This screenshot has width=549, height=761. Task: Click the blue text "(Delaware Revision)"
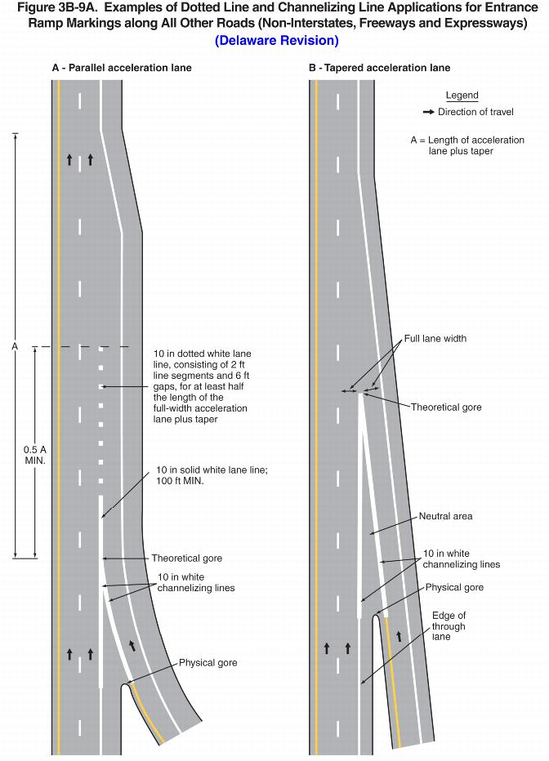[x=276, y=40]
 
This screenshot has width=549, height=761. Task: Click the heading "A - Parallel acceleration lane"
[x=122, y=68]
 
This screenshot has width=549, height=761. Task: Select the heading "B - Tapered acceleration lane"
[x=379, y=68]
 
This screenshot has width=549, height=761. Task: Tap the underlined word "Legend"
[x=462, y=96]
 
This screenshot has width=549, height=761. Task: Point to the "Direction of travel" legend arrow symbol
[x=428, y=112]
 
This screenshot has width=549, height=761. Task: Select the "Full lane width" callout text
[x=435, y=338]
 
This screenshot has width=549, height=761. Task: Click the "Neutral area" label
[x=445, y=516]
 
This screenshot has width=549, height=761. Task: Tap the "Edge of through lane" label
[x=449, y=625]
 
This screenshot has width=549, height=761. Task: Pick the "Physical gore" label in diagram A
[x=208, y=662]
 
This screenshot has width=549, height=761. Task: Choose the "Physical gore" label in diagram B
[x=454, y=587]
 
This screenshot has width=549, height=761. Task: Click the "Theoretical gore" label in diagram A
[x=186, y=559]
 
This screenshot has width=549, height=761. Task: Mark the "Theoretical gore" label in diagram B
[x=446, y=407]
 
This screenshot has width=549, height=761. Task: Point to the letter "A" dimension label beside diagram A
[x=15, y=347]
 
